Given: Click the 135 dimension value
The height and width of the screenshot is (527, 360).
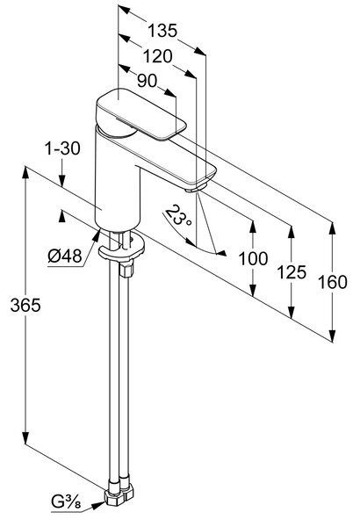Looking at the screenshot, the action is (162, 31).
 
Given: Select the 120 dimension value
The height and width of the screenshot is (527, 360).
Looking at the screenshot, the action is (158, 56).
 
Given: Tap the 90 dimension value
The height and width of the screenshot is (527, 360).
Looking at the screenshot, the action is (147, 81).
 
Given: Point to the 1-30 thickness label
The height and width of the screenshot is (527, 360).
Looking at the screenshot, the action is (62, 148).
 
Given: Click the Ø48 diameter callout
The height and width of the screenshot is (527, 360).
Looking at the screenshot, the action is (65, 256).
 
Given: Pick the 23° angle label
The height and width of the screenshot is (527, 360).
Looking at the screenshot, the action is (178, 216).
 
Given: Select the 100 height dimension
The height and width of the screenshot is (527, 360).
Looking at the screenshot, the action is (253, 258).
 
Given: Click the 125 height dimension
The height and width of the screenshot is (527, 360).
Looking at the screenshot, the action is (292, 272).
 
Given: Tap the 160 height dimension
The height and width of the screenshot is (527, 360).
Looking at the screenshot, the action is (333, 282).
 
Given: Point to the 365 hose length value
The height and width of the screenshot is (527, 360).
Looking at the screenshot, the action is (25, 305).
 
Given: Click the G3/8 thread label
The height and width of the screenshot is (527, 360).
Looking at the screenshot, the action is (66, 502).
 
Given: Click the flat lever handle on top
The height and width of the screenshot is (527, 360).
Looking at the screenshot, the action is (141, 115).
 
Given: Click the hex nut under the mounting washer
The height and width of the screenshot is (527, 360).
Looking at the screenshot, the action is (126, 270).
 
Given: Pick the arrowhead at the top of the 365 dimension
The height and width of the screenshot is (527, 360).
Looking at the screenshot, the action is (25, 173).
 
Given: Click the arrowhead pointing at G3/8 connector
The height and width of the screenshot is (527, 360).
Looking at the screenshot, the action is (98, 505).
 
